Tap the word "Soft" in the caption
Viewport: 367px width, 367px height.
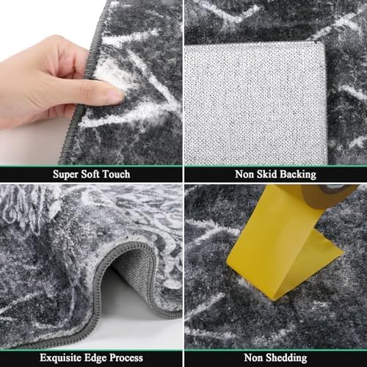(x=90, y=174)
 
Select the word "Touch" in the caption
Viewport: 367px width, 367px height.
(x=116, y=174)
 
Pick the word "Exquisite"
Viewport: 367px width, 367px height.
(x=61, y=358)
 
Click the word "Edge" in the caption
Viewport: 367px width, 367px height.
(x=95, y=358)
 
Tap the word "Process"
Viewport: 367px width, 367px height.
(x=126, y=358)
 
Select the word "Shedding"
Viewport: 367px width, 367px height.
(x=286, y=358)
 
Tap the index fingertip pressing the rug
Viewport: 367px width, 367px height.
(x=115, y=97)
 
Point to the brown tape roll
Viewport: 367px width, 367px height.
(x=328, y=195)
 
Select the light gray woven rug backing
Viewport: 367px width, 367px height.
(x=255, y=104)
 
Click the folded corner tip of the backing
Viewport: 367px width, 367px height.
(x=322, y=43)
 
